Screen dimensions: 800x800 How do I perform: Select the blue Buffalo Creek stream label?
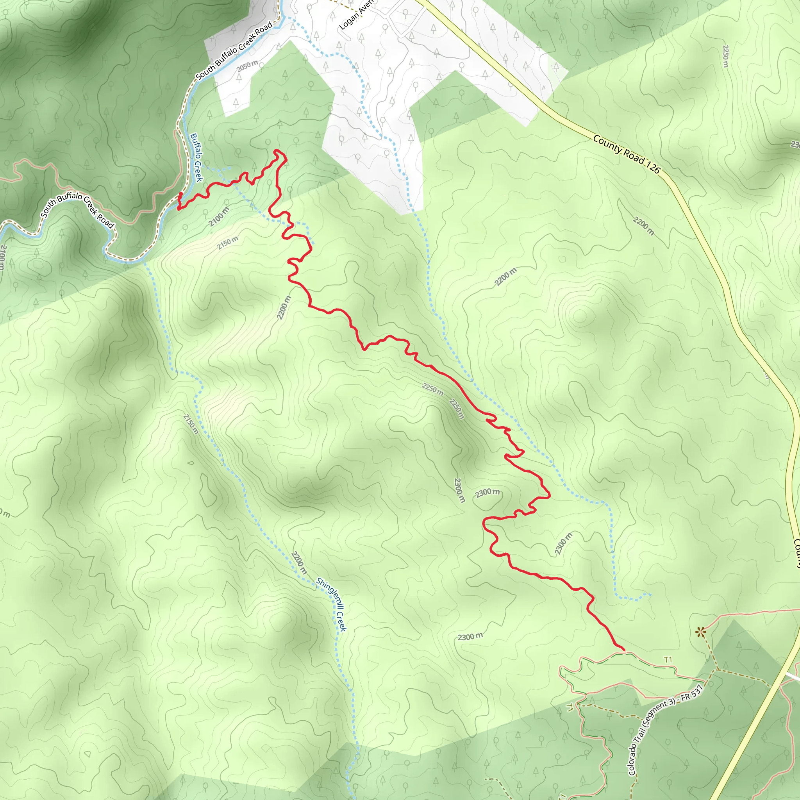point(196,157)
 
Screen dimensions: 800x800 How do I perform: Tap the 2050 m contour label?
point(247,66)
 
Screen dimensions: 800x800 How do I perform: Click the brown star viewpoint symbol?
point(700,632)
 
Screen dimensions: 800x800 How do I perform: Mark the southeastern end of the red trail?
point(623,649)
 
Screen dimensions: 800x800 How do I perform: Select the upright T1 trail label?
point(668,660)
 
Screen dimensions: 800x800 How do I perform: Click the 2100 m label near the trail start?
point(219,216)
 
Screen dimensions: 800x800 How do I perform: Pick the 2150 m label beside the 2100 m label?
point(228,243)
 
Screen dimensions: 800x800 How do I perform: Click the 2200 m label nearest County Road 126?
point(643,226)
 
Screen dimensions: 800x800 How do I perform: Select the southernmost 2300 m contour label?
point(470,636)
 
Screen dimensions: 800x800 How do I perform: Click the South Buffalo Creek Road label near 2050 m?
point(234,50)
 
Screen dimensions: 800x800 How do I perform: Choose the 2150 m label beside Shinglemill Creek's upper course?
point(191,424)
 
